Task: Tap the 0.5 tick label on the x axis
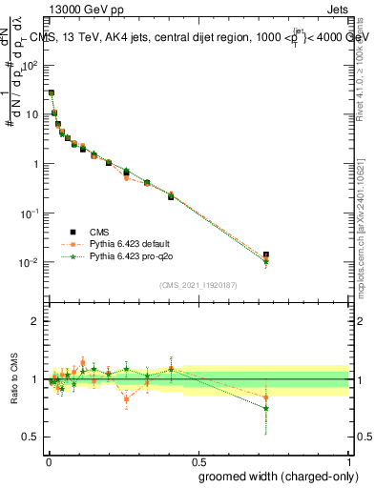pyautogui.click(x=198, y=460)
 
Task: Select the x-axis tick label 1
pyautogui.click(x=350, y=460)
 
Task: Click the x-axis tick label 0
pyautogui.click(x=49, y=460)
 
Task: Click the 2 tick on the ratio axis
pyautogui.click(x=37, y=321)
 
